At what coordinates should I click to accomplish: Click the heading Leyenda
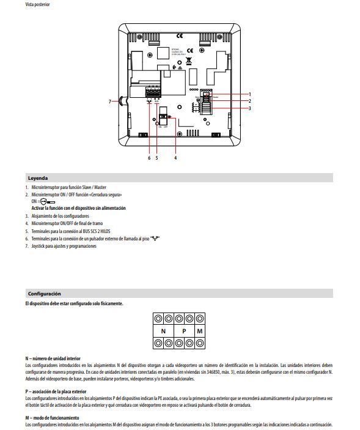coord(38,178)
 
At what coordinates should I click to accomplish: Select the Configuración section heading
coord(44,294)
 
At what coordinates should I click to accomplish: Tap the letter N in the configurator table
coord(163,332)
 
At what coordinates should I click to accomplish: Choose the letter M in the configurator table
coord(200,332)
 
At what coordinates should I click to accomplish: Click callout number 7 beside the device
coord(110,101)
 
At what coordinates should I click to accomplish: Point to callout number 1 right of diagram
coord(249,94)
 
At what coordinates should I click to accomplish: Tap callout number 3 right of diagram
coord(249,108)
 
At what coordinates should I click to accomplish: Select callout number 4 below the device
coord(176,157)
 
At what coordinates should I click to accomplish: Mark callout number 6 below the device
coord(149,157)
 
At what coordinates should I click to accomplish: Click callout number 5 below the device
coord(156,157)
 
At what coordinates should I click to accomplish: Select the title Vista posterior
coord(38,5)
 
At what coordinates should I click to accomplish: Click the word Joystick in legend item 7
coord(40,246)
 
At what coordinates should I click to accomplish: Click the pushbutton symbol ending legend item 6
coord(155,238)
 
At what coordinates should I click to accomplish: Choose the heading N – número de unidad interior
coord(53,358)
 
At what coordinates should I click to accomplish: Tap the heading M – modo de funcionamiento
coord(52,417)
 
